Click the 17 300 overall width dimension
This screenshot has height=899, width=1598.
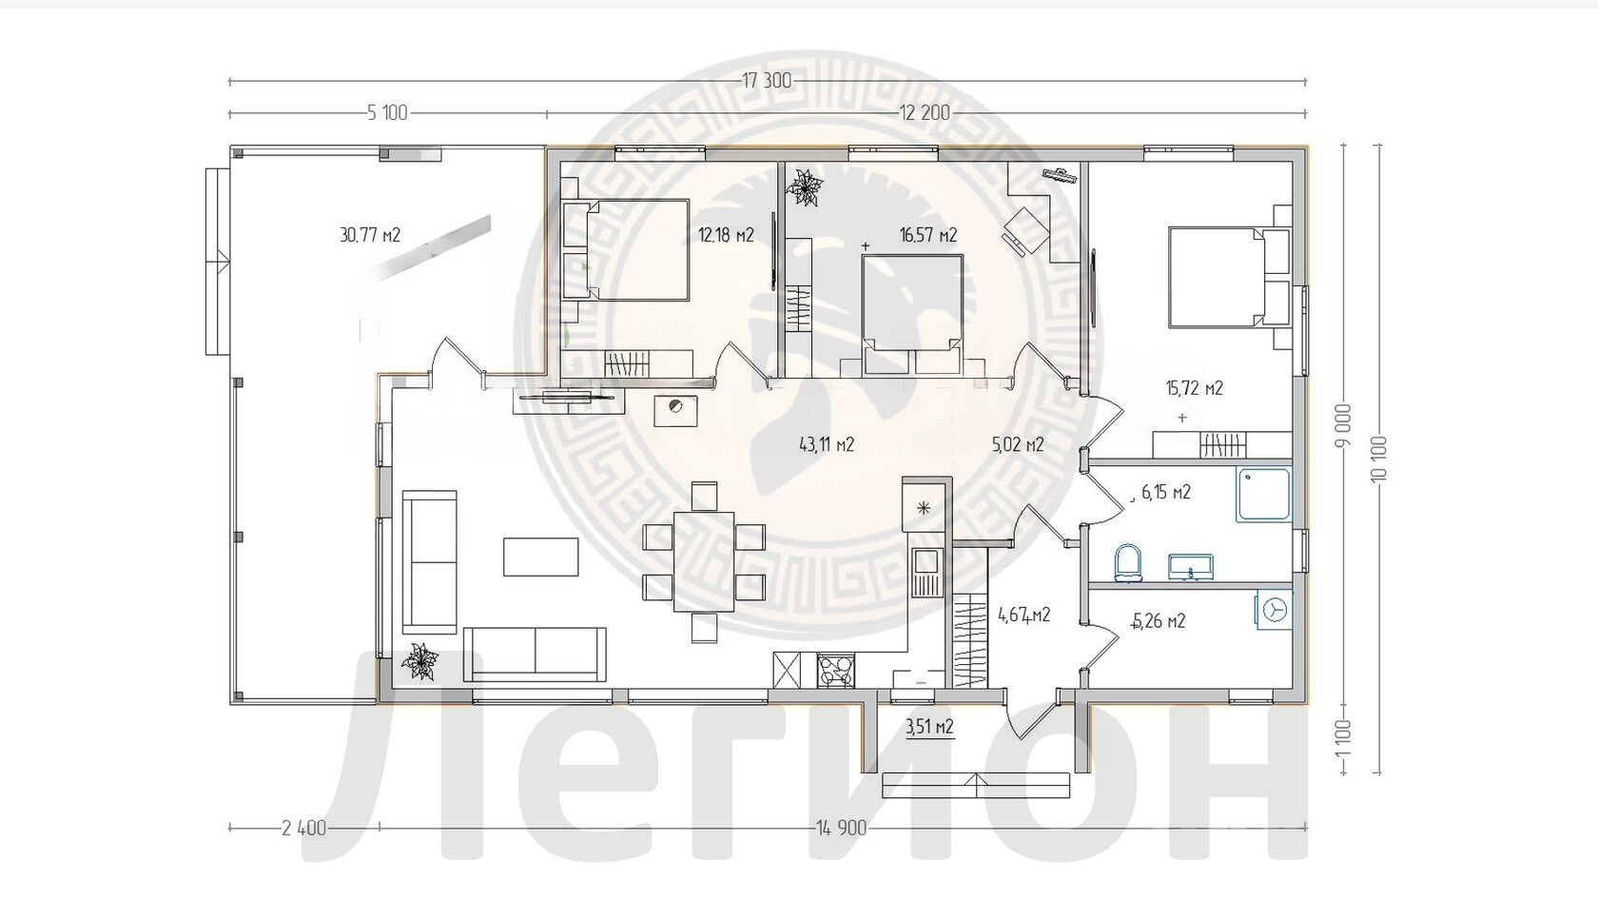coord(767,81)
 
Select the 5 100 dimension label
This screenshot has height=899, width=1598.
coord(387,112)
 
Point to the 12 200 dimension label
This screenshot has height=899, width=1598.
coord(925,112)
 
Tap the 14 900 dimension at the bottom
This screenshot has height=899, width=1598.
coord(842,828)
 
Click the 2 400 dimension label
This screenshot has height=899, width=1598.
coord(304,828)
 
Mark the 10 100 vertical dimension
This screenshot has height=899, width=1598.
coord(1378,459)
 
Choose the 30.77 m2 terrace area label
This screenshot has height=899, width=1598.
coord(370,235)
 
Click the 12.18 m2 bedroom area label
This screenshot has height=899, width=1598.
coord(727,235)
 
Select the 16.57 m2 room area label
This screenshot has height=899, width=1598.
coord(928,235)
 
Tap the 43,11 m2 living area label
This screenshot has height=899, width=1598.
coord(827,444)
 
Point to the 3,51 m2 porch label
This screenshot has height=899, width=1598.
coord(929,727)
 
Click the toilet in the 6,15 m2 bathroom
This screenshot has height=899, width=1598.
coord(1127,563)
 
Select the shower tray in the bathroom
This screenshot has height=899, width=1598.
coord(1264,494)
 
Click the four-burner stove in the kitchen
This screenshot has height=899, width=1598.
coord(835,671)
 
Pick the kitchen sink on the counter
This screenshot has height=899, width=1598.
coord(926,575)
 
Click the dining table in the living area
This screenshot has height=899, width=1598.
coord(704,561)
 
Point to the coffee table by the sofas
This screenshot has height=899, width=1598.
coord(540,557)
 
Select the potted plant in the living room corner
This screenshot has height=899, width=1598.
coord(419,661)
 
